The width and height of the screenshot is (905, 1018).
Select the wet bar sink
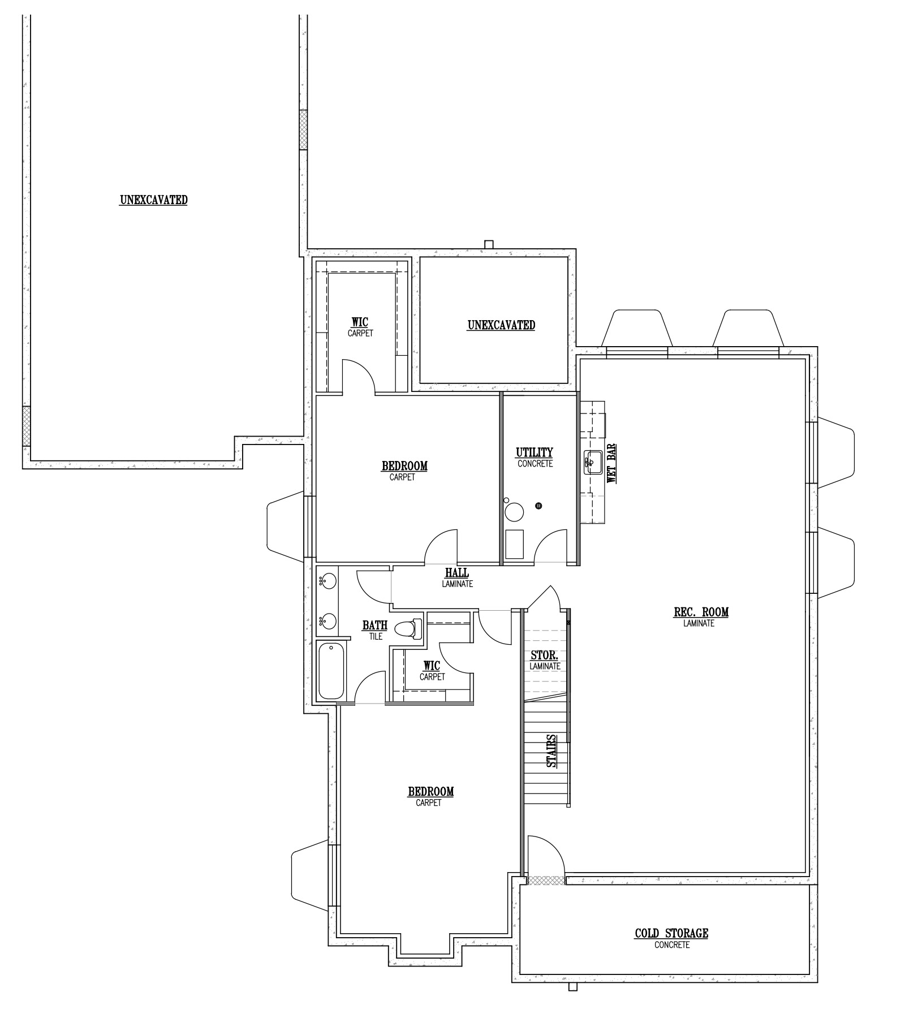[x=592, y=462]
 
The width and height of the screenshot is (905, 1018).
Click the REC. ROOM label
[x=701, y=612]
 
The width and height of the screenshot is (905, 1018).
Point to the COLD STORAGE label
[x=671, y=933]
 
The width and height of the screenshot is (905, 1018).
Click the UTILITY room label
[x=534, y=452]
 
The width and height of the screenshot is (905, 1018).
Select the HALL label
[x=457, y=573]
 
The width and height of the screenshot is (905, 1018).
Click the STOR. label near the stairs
[x=545, y=656]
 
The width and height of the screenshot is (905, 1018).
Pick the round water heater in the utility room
[x=514, y=512]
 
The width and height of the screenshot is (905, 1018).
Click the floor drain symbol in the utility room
[x=538, y=505]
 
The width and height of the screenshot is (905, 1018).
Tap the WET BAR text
[x=611, y=463]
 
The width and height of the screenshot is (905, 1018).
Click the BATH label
[x=375, y=626]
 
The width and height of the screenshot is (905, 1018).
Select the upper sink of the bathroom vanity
[x=327, y=581]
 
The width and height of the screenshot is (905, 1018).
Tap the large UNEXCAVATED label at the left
[x=154, y=200]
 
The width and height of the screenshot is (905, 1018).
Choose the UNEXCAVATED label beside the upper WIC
[x=502, y=325]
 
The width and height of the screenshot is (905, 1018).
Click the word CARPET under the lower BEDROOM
[x=429, y=803]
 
